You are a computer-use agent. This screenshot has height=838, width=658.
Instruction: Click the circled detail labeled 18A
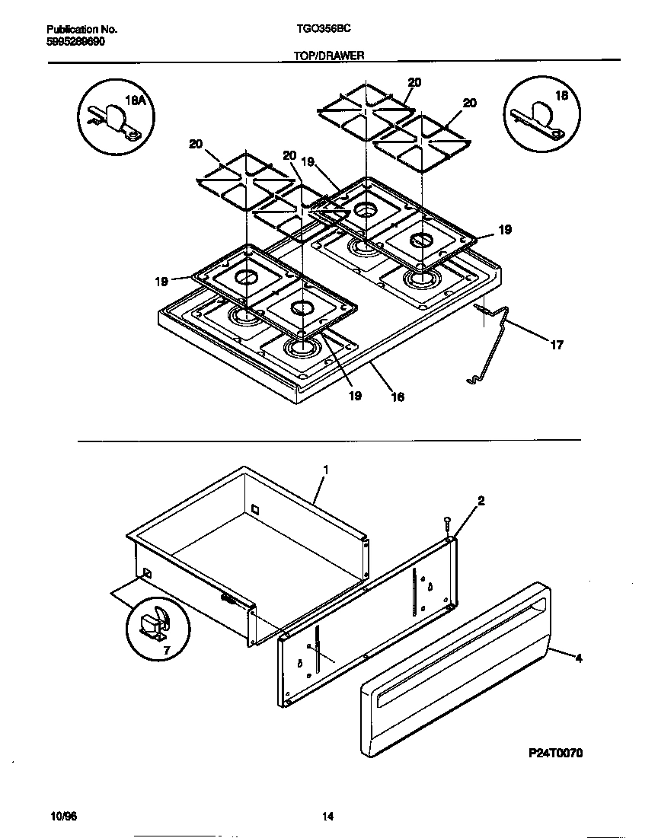click(x=116, y=118)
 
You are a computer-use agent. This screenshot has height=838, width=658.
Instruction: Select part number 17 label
click(x=557, y=345)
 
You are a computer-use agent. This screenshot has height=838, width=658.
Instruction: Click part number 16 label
click(x=398, y=397)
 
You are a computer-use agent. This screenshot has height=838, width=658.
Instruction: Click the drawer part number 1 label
click(x=325, y=470)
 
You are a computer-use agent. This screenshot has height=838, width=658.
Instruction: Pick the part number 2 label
click(x=481, y=500)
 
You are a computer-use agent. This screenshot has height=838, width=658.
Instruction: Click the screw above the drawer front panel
click(x=447, y=524)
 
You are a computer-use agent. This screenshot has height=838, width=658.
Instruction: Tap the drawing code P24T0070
click(x=555, y=753)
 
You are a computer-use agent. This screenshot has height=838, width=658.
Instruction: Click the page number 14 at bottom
click(x=327, y=817)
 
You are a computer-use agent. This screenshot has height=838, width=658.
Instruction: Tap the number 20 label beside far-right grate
click(x=470, y=103)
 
